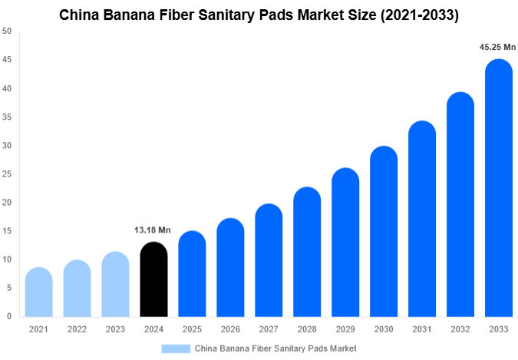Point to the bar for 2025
coord(192,274)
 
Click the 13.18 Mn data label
coord(153,230)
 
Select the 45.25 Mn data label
coord(497,48)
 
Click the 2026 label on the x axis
coord(230,329)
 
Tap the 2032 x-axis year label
coord(460,329)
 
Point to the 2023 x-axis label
coord(115,329)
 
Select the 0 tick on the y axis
coord(9,316)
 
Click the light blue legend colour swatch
coord(176,348)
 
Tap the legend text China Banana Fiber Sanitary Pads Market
coord(275,348)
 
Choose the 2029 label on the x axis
coord(345,329)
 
